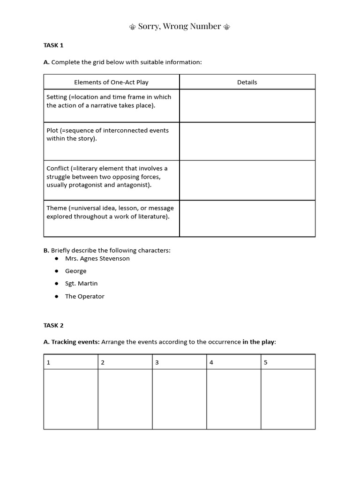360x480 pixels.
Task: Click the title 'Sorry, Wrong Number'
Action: [x=180, y=26]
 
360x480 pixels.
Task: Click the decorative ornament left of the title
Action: [x=133, y=27]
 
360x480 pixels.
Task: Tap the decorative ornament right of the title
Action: [x=227, y=27]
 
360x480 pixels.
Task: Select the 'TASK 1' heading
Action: [x=53, y=45]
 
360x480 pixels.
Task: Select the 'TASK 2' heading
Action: [x=53, y=325]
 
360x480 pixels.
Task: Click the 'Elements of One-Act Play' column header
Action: [x=111, y=82]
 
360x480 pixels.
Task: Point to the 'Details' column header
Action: [x=247, y=82]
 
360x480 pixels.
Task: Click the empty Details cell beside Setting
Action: [x=247, y=105]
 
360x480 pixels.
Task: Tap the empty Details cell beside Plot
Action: [x=247, y=141]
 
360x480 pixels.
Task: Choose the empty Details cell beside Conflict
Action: [x=247, y=180]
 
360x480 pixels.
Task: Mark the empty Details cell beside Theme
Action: [x=247, y=218]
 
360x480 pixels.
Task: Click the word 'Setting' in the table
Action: [x=57, y=97]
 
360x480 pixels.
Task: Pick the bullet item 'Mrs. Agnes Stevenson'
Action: [x=97, y=258]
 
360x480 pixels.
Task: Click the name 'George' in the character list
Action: [x=76, y=271]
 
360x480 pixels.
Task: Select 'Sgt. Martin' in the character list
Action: [x=82, y=284]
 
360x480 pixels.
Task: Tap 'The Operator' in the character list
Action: [x=85, y=296]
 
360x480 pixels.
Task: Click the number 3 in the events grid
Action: [x=157, y=362]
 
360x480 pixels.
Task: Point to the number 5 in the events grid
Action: [x=266, y=362]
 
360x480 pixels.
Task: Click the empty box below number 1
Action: [x=71, y=399]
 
